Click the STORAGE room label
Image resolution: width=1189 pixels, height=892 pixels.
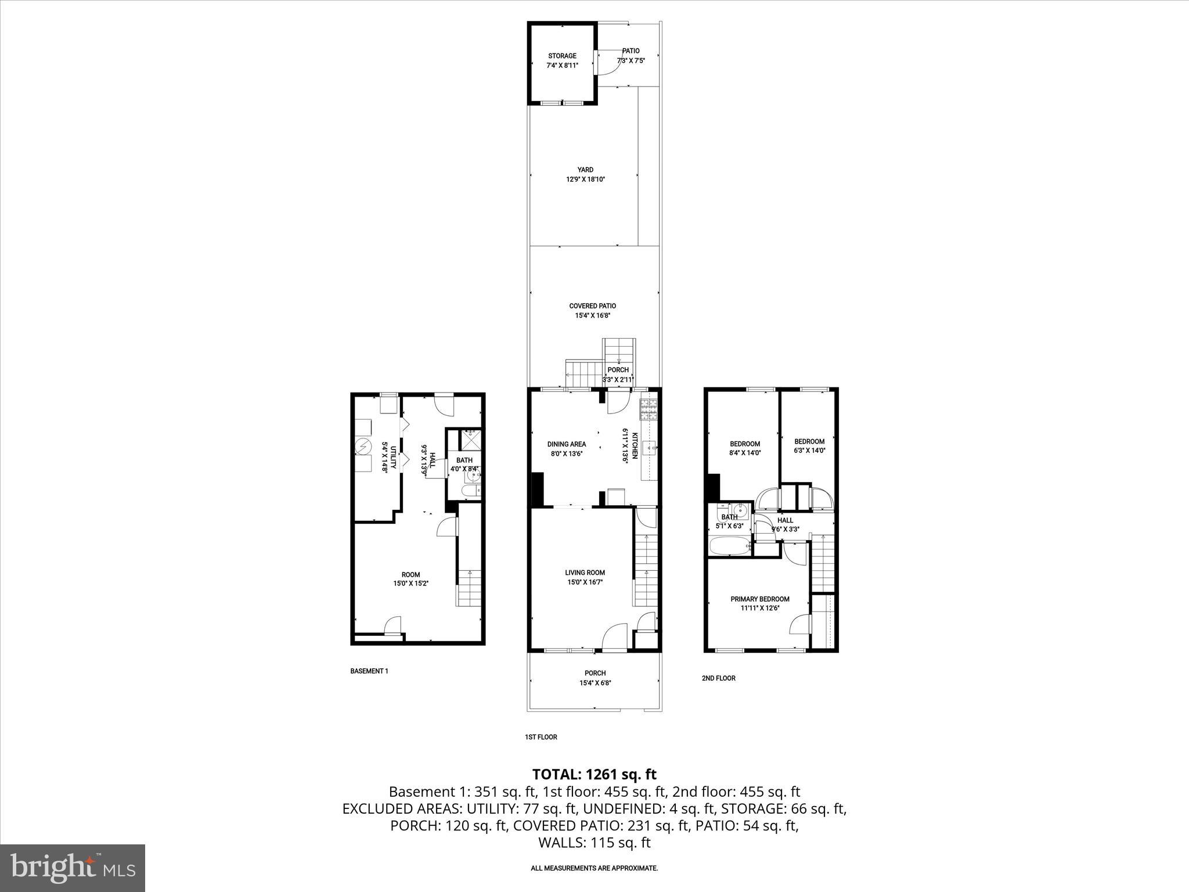point(562,56)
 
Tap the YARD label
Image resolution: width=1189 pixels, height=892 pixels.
point(585,170)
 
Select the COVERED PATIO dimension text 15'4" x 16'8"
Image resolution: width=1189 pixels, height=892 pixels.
point(592,316)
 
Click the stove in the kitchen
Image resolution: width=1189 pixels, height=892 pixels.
point(649,410)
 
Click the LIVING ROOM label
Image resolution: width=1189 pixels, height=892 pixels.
point(585,573)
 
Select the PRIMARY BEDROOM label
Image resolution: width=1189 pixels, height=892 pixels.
point(759,599)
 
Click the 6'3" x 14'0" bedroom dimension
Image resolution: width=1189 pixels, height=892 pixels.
point(809,450)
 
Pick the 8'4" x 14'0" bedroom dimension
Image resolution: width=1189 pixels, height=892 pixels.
point(745,453)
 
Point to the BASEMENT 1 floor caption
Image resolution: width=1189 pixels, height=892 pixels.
point(369,671)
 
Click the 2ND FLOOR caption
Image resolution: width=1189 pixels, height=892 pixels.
point(719,678)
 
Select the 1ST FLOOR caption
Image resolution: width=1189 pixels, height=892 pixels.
point(541,737)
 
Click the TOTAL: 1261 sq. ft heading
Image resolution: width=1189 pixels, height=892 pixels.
point(594,774)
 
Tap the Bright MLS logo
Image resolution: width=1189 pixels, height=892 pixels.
point(73,868)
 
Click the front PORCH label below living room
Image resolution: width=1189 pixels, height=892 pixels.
point(595,673)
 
